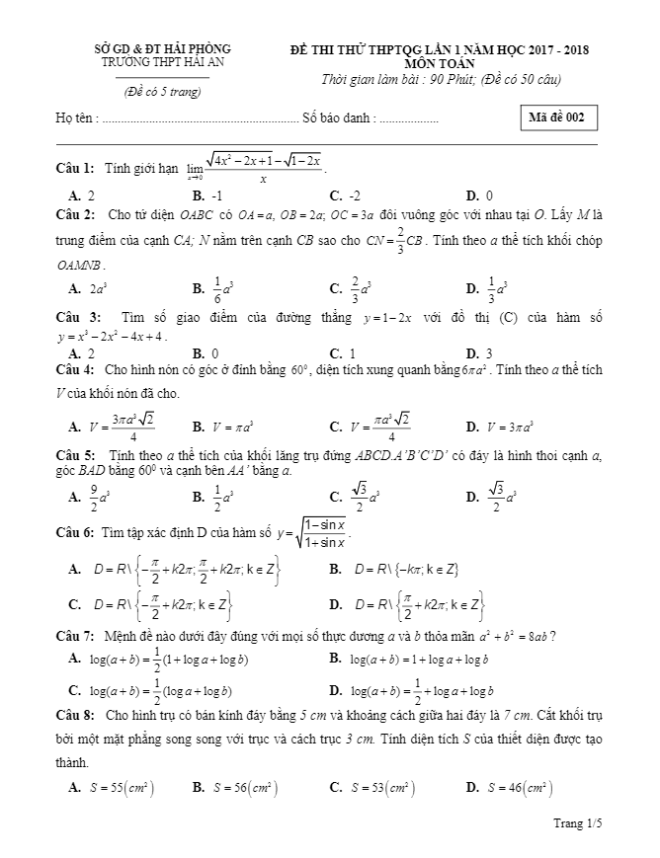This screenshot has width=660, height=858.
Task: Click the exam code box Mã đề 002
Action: (557, 117)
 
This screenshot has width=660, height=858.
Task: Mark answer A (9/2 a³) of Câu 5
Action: (89, 498)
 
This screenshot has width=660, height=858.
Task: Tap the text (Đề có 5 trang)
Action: (162, 92)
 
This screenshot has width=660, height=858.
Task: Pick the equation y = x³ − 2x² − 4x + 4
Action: (112, 336)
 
